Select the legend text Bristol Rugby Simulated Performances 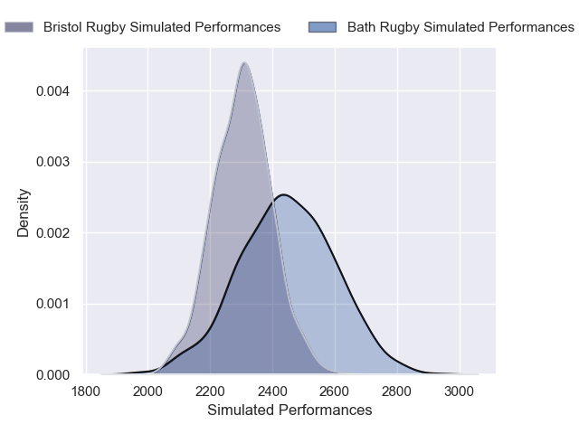162,27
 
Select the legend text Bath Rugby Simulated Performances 460,27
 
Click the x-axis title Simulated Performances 289,410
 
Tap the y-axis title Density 24,212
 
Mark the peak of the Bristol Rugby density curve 244,62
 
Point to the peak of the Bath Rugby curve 284,194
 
